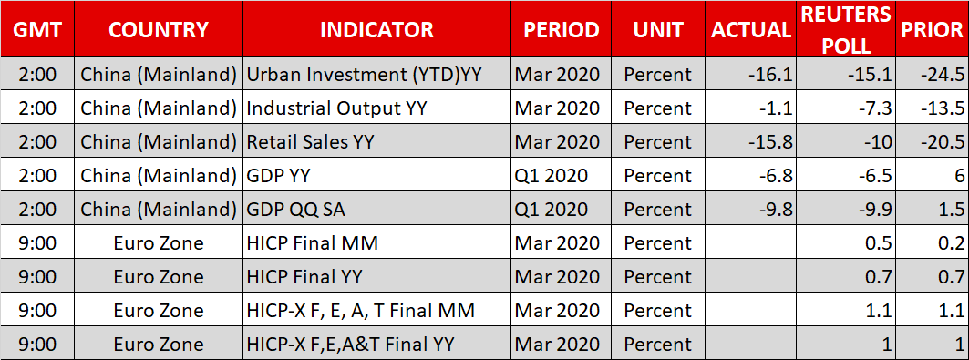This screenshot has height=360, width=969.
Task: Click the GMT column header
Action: coord(37,30)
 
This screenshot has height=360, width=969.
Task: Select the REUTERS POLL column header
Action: coord(846,30)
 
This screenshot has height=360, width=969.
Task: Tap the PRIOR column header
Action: coord(933,30)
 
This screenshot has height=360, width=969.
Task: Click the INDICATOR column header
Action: coord(377,30)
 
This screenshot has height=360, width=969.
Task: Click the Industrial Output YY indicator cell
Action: coord(337,108)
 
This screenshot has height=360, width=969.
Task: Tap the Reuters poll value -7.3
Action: coord(874,108)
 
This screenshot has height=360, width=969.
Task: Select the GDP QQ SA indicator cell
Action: coord(296,210)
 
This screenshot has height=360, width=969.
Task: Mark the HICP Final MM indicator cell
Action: coord(312,243)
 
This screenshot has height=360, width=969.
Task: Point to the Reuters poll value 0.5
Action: coord(880,243)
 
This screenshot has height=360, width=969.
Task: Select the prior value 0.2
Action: coord(953,243)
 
